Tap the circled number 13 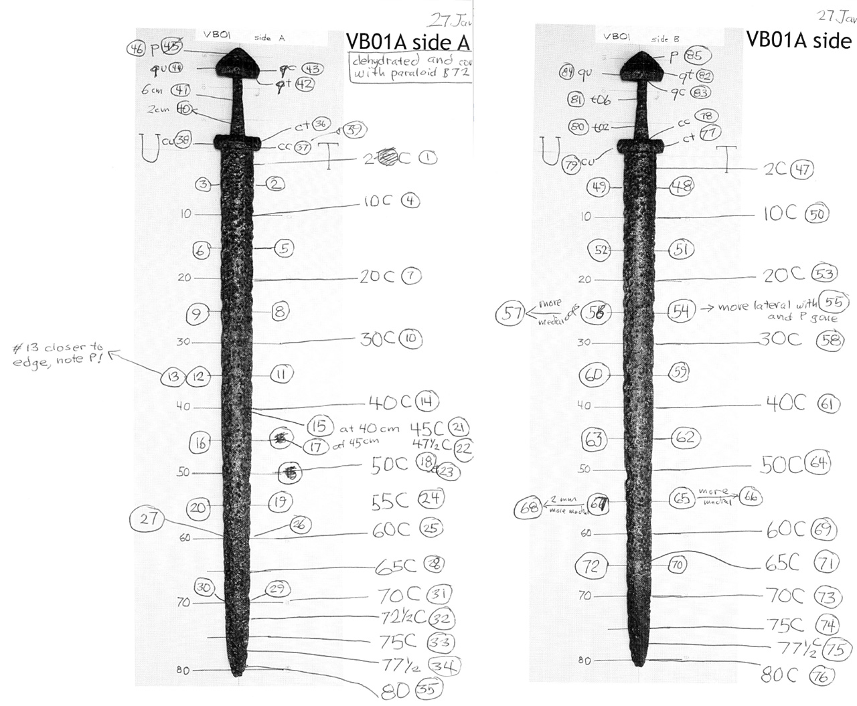click(173, 376)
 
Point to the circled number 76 click(822, 676)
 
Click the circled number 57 click(513, 313)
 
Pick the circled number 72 click(592, 566)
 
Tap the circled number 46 click(137, 48)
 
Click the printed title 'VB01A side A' click(407, 41)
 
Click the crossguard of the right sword click(640, 144)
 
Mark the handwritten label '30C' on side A click(378, 339)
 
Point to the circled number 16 click(200, 442)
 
